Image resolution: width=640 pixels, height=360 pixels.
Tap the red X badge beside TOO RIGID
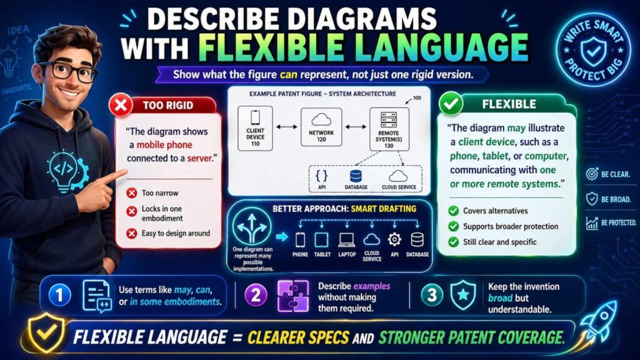click(x=121, y=104)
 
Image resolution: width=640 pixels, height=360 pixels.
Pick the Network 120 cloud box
click(x=322, y=127)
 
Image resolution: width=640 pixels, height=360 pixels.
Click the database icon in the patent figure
click(x=356, y=177)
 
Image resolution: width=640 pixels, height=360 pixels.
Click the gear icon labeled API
click(x=394, y=240)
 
